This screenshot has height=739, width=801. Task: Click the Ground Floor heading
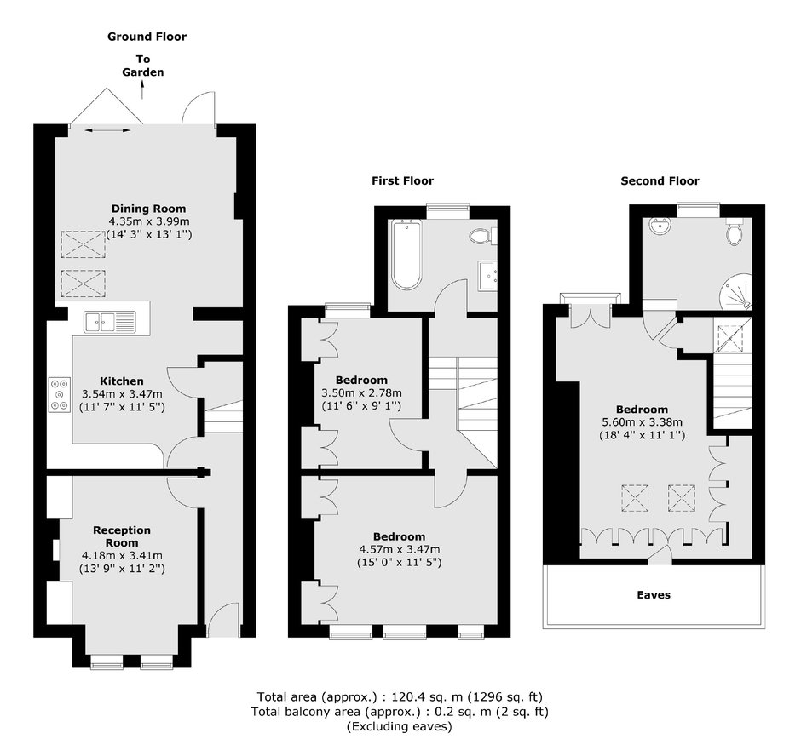coord(147,37)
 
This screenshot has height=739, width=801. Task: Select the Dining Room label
coord(148,209)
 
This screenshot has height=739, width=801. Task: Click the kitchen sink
coord(110,323)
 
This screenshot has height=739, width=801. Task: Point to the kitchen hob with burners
coord(60,394)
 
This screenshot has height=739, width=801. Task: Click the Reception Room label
coord(122,536)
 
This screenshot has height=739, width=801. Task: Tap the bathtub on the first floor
coord(406,255)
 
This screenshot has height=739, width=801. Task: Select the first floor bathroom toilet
coord(481,236)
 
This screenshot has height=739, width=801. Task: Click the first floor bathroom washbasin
coord(488,276)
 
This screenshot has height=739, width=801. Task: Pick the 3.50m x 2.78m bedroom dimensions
coord(361,393)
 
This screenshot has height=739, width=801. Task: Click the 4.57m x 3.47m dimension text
coord(400,550)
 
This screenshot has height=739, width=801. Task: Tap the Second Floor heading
coord(660,181)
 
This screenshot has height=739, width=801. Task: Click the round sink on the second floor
coord(661,226)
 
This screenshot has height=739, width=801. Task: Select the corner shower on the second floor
coord(736,291)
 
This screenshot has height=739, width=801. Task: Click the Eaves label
coord(654,595)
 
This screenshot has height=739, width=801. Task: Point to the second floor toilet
coord(735,232)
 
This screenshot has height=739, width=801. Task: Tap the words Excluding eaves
coord(400,727)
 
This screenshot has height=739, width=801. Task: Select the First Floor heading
coord(402,181)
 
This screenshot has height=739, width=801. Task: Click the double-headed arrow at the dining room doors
coord(107,131)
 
